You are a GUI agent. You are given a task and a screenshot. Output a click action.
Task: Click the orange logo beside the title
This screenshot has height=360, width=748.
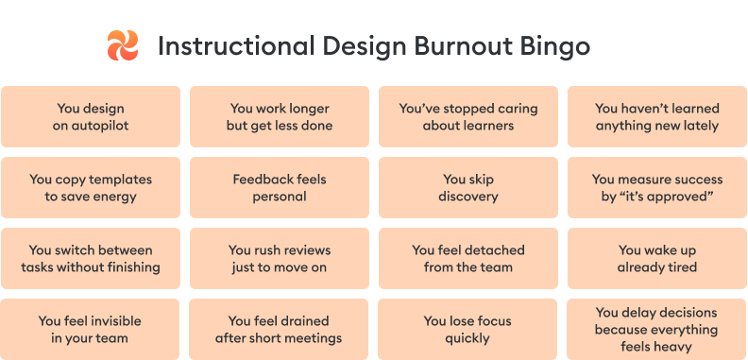[x=123, y=45]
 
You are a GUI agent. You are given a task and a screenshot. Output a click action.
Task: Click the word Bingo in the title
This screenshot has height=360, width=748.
[x=560, y=46]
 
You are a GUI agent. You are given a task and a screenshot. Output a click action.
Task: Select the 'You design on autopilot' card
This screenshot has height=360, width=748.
[x=91, y=117]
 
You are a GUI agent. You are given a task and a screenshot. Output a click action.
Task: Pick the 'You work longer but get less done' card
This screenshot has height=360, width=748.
[x=280, y=117]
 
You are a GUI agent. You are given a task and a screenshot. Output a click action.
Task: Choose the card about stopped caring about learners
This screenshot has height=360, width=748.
[x=468, y=117]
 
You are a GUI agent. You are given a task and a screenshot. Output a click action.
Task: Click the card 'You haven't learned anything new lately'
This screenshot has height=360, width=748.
[x=656, y=117]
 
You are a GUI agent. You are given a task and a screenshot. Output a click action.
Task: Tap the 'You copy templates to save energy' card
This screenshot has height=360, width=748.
[x=91, y=188]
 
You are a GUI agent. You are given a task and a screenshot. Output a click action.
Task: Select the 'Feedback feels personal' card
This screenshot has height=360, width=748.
[x=280, y=188]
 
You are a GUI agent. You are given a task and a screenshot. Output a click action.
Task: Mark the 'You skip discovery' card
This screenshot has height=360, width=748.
[x=468, y=188]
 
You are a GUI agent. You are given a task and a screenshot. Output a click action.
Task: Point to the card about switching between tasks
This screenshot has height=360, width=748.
[x=91, y=259]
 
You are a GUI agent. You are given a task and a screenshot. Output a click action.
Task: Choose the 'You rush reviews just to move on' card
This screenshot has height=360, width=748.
[x=280, y=259]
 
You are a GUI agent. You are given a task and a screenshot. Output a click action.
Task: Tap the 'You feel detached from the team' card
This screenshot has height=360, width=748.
[x=468, y=259]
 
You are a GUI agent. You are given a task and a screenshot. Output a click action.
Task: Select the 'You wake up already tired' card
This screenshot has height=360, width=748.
[x=656, y=259]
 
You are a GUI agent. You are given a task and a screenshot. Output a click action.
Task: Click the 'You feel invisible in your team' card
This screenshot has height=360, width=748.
[x=91, y=329]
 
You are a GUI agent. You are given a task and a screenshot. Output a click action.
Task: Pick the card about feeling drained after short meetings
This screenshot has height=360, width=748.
[x=280, y=329]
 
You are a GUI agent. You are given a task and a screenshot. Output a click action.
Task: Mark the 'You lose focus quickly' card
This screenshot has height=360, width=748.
[x=468, y=329]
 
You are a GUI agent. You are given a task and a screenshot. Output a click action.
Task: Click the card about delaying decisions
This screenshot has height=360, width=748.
[x=656, y=329]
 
